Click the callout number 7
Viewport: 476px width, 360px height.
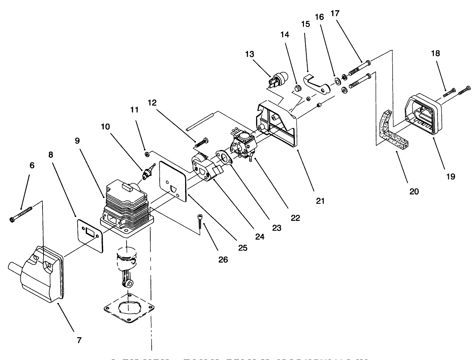79,340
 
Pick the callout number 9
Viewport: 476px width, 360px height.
77,141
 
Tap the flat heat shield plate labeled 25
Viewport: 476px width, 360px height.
173,181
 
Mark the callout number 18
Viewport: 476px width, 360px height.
435,53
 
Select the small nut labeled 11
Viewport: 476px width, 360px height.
146,154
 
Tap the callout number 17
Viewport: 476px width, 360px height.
335,14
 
